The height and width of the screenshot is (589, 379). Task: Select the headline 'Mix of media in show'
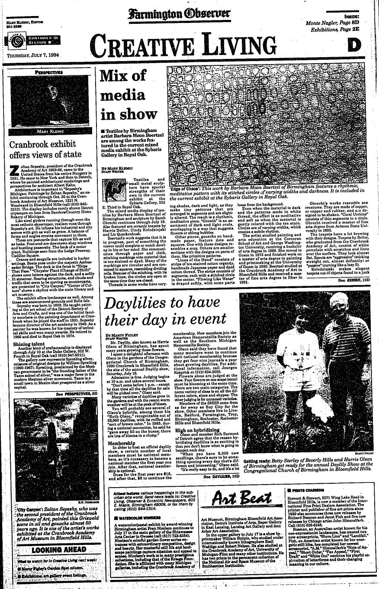click(x=124, y=95)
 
